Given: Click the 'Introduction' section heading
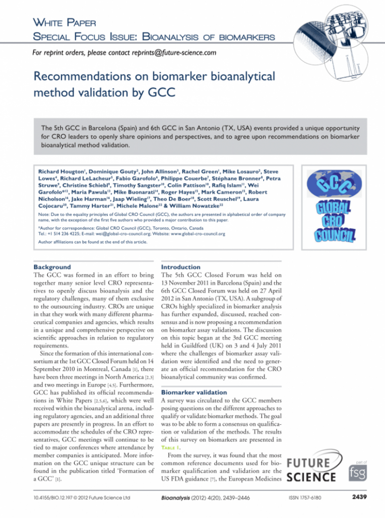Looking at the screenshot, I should [180, 267].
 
